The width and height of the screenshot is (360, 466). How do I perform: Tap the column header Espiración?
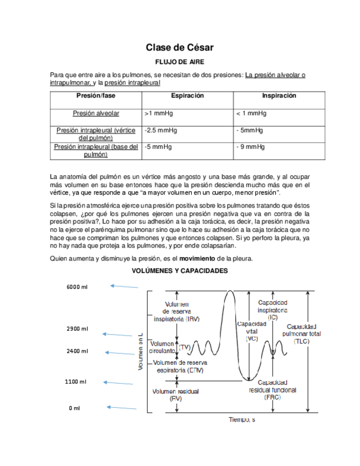pyautogui.click(x=187, y=96)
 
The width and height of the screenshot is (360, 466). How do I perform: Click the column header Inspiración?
pyautogui.click(x=279, y=96)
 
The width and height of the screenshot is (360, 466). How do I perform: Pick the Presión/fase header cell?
pyautogui.click(x=96, y=96)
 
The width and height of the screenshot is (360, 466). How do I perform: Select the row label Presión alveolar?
pyautogui.click(x=96, y=114)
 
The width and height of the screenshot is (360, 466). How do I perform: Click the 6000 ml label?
pyautogui.click(x=77, y=287)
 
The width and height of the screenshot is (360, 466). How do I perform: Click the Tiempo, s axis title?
pyautogui.click(x=242, y=420)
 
